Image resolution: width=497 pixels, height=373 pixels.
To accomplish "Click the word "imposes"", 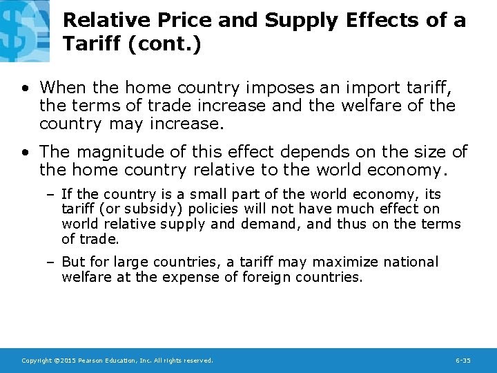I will click(x=273, y=88).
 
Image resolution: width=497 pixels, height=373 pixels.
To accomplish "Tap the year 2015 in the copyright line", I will click(x=68, y=361).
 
